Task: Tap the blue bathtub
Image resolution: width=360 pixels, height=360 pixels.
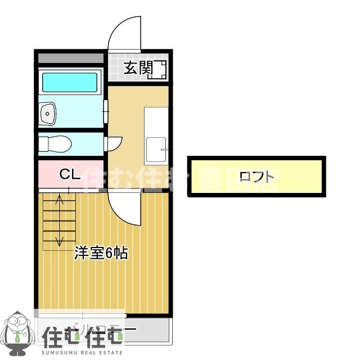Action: tap(70, 82)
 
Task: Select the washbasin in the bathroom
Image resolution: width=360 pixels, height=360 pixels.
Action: tap(48, 114)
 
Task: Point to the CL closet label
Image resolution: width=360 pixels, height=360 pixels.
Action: tap(70, 174)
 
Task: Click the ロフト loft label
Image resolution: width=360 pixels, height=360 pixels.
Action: tap(257, 177)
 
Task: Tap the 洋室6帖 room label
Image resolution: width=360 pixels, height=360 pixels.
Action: tap(102, 254)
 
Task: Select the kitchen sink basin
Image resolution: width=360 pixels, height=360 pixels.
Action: tap(156, 149)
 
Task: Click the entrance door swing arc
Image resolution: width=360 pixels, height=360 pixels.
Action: tap(124, 34)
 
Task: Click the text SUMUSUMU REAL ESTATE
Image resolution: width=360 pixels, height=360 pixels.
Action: tap(82, 353)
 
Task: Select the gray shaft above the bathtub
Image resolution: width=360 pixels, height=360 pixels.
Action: tap(71, 58)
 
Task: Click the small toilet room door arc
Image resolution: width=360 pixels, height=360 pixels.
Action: tap(113, 143)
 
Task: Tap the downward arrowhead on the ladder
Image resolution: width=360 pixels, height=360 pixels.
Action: tap(59, 244)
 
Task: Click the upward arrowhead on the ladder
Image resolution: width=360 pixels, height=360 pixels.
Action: tap(59, 197)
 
